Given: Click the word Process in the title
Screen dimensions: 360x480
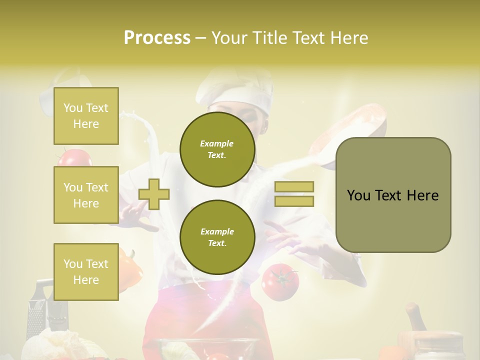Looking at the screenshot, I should [x=157, y=37].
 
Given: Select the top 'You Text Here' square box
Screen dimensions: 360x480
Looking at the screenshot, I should [x=86, y=116].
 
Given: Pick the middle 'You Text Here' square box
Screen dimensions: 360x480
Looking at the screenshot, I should [x=86, y=195].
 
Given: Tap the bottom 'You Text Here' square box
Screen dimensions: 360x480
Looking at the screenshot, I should [x=86, y=271].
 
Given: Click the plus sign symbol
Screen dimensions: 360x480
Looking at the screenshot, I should [x=154, y=194].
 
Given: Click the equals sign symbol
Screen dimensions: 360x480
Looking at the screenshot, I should [x=294, y=194].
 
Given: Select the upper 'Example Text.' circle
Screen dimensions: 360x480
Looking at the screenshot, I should [x=217, y=149].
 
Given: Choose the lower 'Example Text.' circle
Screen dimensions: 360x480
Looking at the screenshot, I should [x=217, y=237].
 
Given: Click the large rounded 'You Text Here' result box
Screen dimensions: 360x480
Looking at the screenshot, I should [x=393, y=195].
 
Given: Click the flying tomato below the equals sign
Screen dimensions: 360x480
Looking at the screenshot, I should [x=280, y=281].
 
